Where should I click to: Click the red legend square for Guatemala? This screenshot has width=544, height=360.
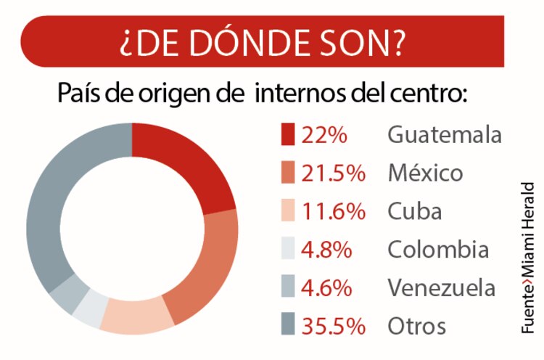(x=288, y=136)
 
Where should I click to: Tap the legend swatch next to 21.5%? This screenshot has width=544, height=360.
(x=288, y=174)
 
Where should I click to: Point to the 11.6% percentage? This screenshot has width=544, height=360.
(x=334, y=212)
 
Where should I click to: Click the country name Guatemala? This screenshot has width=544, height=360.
(x=445, y=136)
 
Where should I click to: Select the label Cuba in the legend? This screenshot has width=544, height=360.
(x=414, y=212)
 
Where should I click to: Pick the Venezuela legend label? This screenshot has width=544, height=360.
(x=442, y=288)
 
